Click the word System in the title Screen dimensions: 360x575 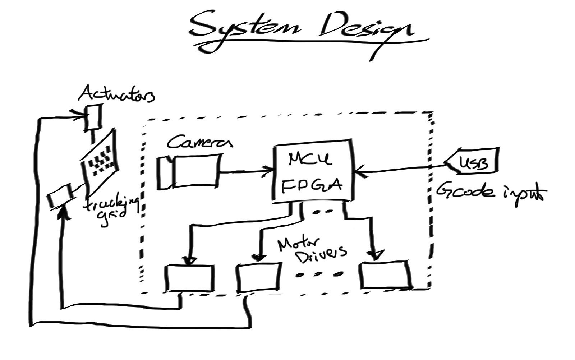tap(244, 29)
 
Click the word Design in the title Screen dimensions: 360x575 tap(363, 31)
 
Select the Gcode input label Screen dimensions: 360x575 tap(491, 192)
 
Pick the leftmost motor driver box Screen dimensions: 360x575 tap(189, 278)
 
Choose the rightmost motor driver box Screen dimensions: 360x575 tap(385, 275)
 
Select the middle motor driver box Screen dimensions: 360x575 tap(258, 277)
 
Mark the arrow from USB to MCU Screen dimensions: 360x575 tap(399, 169)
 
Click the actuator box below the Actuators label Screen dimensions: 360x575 tap(93, 117)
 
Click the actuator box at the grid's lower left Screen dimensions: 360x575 tap(60, 195)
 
